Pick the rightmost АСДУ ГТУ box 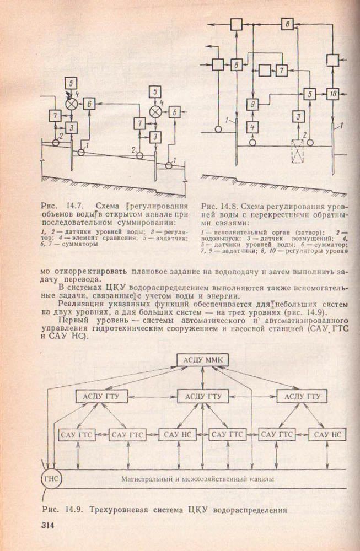coord(300,396)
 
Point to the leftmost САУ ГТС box coord(74,435)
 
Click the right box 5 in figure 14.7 coord(157,92)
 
